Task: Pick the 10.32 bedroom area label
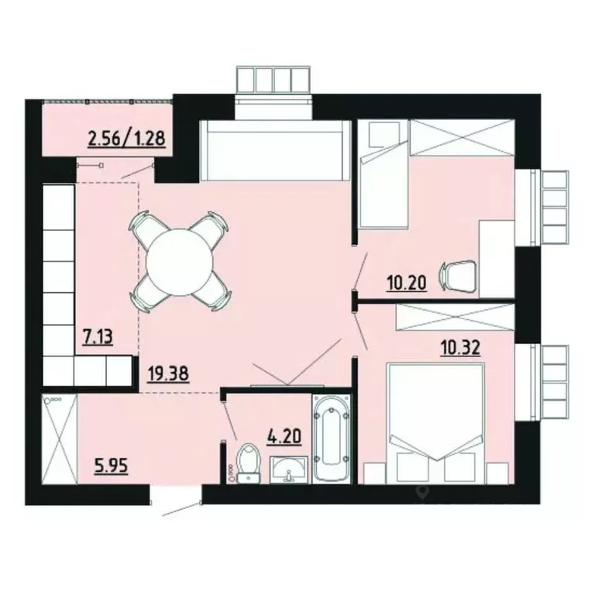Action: pos(459,346)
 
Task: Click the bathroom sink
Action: pos(290,469)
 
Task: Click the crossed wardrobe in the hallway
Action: pos(60,439)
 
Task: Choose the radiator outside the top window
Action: pos(272,80)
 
